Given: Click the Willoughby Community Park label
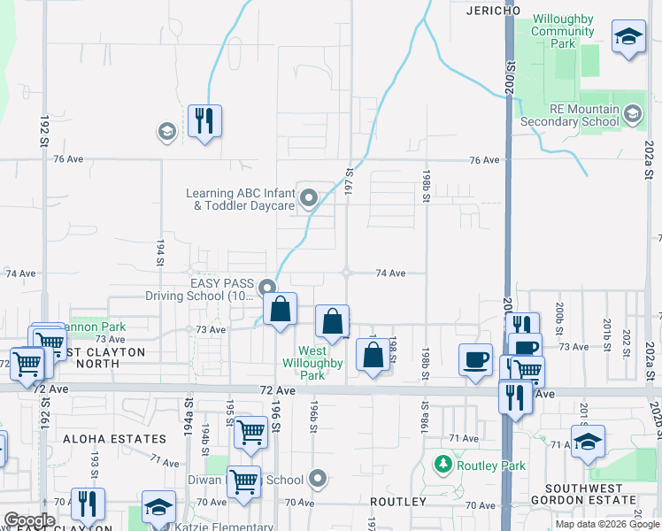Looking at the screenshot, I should pos(563,32).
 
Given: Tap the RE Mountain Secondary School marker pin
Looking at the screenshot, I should pos(633,113).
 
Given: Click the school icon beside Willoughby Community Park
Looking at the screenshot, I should pos(628,36).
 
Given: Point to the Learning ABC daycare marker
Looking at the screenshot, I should pos(309,198).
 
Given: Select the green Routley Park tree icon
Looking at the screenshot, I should pos(443,464).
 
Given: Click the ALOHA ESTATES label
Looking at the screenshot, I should pos(127,439).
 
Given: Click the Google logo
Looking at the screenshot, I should pos(28,520).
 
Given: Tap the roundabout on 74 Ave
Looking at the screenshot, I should pos(347,273).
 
